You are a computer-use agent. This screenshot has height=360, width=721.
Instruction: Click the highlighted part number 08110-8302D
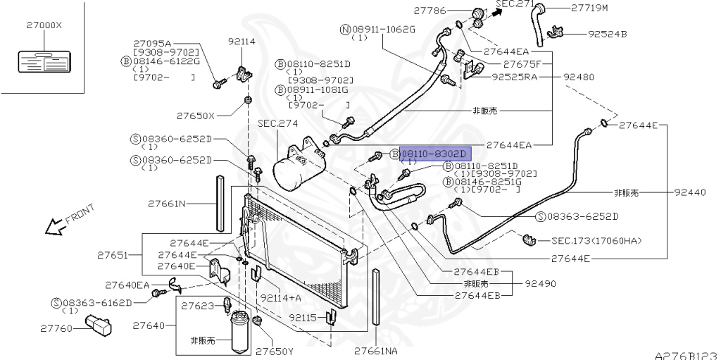tap(432, 153)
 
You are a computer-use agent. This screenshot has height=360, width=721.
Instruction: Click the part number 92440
tap(689, 192)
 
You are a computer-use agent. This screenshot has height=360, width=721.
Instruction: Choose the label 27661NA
tap(375, 349)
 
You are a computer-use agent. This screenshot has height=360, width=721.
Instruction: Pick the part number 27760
tap(56, 328)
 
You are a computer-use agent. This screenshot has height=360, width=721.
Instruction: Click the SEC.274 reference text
tap(277, 123)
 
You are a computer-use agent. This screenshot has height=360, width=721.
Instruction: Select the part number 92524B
tap(607, 33)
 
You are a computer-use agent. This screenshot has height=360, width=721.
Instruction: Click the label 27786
tap(430, 10)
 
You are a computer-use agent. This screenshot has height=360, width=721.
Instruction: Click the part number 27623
tap(197, 306)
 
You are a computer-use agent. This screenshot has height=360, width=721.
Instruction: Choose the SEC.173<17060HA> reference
tap(596, 241)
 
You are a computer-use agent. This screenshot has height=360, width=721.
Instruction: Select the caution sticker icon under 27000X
tap(42, 62)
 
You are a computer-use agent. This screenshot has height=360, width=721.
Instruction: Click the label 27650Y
tap(274, 349)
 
